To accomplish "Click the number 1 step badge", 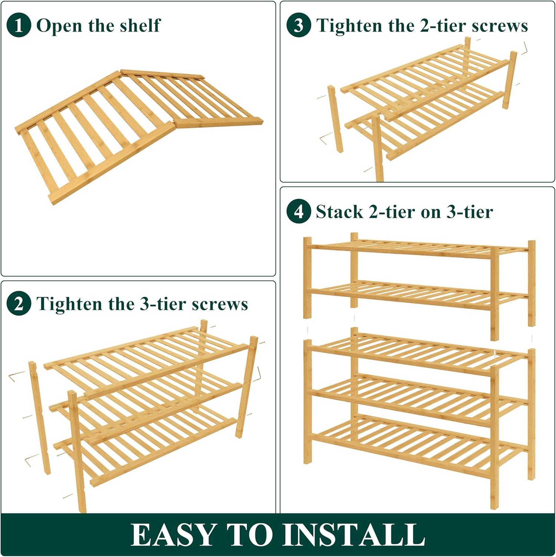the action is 19,25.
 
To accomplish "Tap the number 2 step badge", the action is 19,304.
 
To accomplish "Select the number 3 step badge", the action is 299,25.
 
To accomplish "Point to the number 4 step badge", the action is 299,212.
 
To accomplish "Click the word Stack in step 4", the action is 339,212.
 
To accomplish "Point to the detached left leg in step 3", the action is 335,119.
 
